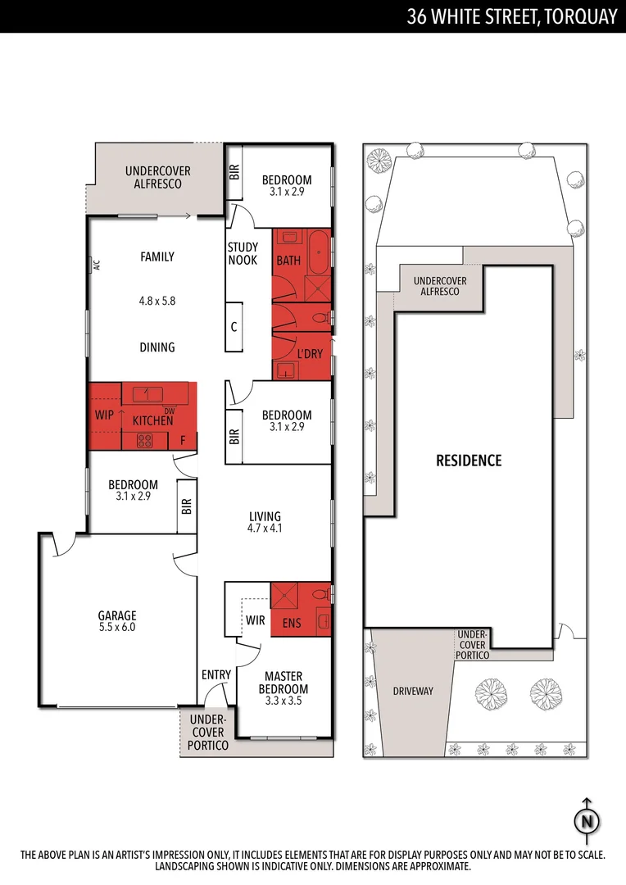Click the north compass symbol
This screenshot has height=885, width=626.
tap(587, 820)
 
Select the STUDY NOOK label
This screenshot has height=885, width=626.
tap(243, 253)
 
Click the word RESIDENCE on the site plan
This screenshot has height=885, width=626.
tap(468, 461)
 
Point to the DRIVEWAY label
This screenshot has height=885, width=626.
tap(412, 691)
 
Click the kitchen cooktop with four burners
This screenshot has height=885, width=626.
tap(144, 441)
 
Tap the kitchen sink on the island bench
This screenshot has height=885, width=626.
tap(146, 393)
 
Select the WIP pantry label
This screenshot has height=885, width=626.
tap(104, 415)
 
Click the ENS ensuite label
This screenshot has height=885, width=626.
tap(291, 623)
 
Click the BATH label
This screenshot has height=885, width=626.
tap(288, 261)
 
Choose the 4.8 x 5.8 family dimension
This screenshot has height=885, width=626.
tap(157, 301)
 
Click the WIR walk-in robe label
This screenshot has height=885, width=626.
tap(255, 620)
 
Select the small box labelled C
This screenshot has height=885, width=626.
tap(234, 327)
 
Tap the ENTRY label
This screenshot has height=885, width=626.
tap(216, 674)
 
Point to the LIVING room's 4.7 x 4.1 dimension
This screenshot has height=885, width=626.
tap(265, 529)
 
